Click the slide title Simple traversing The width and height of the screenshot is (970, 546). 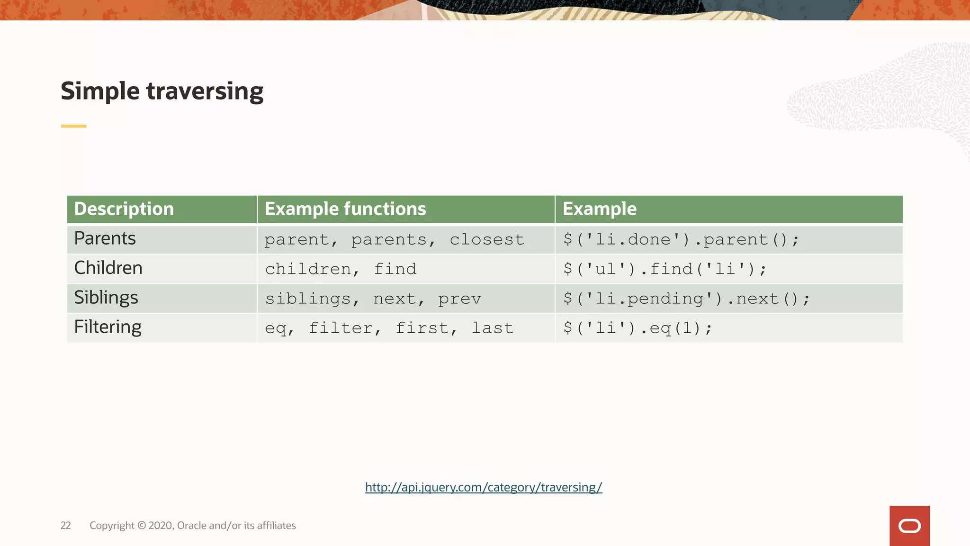click(x=162, y=91)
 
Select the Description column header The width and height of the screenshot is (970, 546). click(x=124, y=209)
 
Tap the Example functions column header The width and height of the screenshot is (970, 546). click(x=345, y=209)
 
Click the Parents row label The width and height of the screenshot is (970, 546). click(x=105, y=238)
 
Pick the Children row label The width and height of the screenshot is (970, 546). click(x=108, y=268)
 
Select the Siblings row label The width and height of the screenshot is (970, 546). click(x=106, y=298)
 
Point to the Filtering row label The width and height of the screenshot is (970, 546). click(x=108, y=327)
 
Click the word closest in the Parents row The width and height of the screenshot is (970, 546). click(x=487, y=240)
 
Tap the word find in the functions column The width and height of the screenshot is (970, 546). click(x=395, y=269)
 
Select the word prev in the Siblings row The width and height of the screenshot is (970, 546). click(x=459, y=299)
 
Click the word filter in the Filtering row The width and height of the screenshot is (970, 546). click(x=341, y=328)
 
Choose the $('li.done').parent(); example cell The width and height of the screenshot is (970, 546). click(x=681, y=240)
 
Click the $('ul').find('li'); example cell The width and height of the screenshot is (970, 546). click(x=665, y=269)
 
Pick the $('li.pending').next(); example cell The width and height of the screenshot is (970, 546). click(x=687, y=299)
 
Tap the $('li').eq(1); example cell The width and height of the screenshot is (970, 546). click(x=638, y=328)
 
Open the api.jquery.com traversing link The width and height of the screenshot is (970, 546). click(x=484, y=487)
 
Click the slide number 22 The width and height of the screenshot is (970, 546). click(x=65, y=526)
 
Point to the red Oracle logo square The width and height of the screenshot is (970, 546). click(x=909, y=526)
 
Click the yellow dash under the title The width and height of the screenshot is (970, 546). click(x=73, y=126)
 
